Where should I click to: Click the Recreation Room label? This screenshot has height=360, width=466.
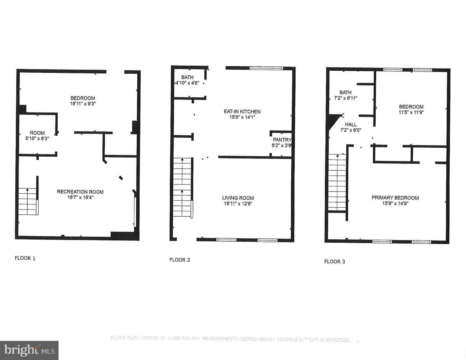pyautogui.click(x=80, y=192)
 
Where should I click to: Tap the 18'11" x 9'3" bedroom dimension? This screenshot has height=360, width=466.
pyautogui.click(x=83, y=104)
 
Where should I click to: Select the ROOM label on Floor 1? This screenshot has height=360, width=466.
pyautogui.click(x=37, y=133)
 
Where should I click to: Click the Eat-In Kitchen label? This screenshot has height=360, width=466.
pyautogui.click(x=242, y=111)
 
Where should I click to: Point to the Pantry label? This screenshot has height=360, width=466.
pyautogui.click(x=282, y=140)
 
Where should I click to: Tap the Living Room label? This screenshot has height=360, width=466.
pyautogui.click(x=238, y=198)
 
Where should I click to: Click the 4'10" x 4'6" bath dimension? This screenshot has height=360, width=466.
pyautogui.click(x=187, y=83)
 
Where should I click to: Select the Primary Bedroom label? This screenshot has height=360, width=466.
pyautogui.click(x=395, y=198)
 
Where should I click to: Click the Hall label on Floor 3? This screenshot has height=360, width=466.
pyautogui.click(x=351, y=124)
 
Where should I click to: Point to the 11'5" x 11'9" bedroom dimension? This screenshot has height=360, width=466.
pyautogui.click(x=411, y=112)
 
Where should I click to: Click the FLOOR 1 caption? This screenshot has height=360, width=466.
pyautogui.click(x=25, y=258)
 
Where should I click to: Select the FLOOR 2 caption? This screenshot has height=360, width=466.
pyautogui.click(x=180, y=260)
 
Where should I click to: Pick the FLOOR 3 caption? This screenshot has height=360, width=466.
pyautogui.click(x=334, y=261)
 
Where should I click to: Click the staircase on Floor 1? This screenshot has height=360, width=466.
pyautogui.click(x=28, y=201)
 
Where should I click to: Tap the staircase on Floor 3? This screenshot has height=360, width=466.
pyautogui.click(x=337, y=182)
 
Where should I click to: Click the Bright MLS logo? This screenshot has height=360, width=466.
pyautogui.click(x=29, y=350)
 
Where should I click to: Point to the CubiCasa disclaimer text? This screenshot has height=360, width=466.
pyautogui.click(x=231, y=339)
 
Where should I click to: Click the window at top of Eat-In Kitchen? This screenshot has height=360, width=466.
pyautogui.click(x=266, y=68)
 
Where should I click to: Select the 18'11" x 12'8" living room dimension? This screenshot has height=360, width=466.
pyautogui.click(x=238, y=204)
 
